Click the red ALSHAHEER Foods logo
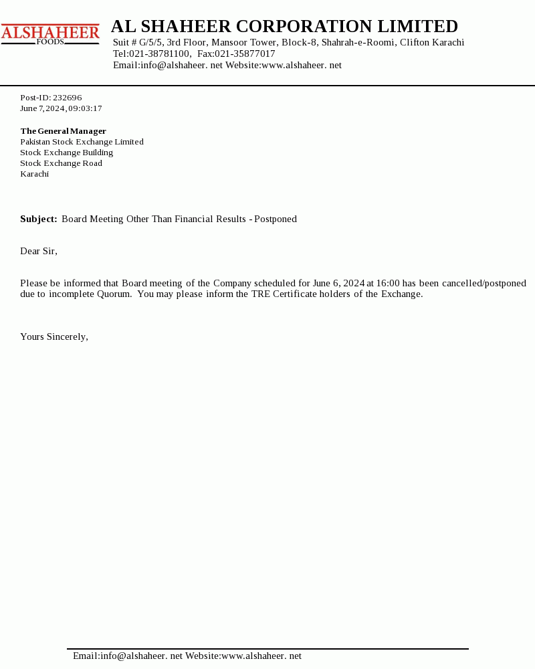click(x=50, y=34)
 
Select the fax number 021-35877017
click(x=245, y=54)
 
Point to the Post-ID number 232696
click(x=67, y=98)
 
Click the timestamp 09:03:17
click(x=85, y=108)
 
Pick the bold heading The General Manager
click(x=63, y=131)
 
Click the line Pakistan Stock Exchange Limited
click(x=82, y=142)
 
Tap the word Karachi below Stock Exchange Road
click(x=34, y=174)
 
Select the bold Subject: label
click(x=39, y=219)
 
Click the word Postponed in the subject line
click(x=276, y=219)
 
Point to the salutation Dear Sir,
click(x=39, y=251)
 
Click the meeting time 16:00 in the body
click(x=388, y=283)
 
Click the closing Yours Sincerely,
click(x=54, y=337)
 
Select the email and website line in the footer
click(x=187, y=656)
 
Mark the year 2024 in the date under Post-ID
click(x=55, y=108)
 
